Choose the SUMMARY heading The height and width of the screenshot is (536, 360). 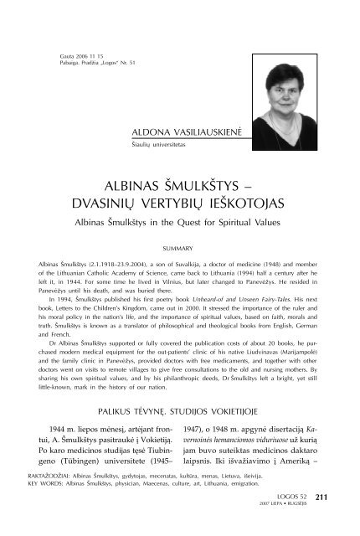[180, 248]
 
